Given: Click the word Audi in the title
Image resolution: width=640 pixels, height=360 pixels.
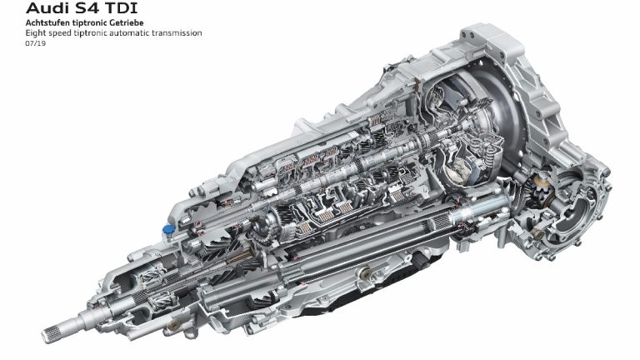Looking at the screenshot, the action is click(44, 8).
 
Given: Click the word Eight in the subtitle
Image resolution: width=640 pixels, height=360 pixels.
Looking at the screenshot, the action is click(36, 33).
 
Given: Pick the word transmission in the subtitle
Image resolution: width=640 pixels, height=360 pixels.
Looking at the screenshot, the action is click(177, 33).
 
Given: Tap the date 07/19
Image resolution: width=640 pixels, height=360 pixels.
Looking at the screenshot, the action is click(36, 43).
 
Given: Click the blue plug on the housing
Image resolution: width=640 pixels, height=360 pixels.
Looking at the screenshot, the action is click(168, 230).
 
